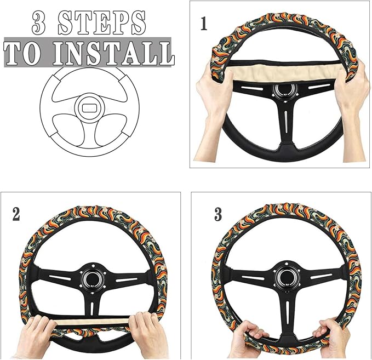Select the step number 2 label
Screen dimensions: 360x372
16,213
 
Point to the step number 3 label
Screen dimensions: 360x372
218,214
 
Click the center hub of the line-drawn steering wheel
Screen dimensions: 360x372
89,105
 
